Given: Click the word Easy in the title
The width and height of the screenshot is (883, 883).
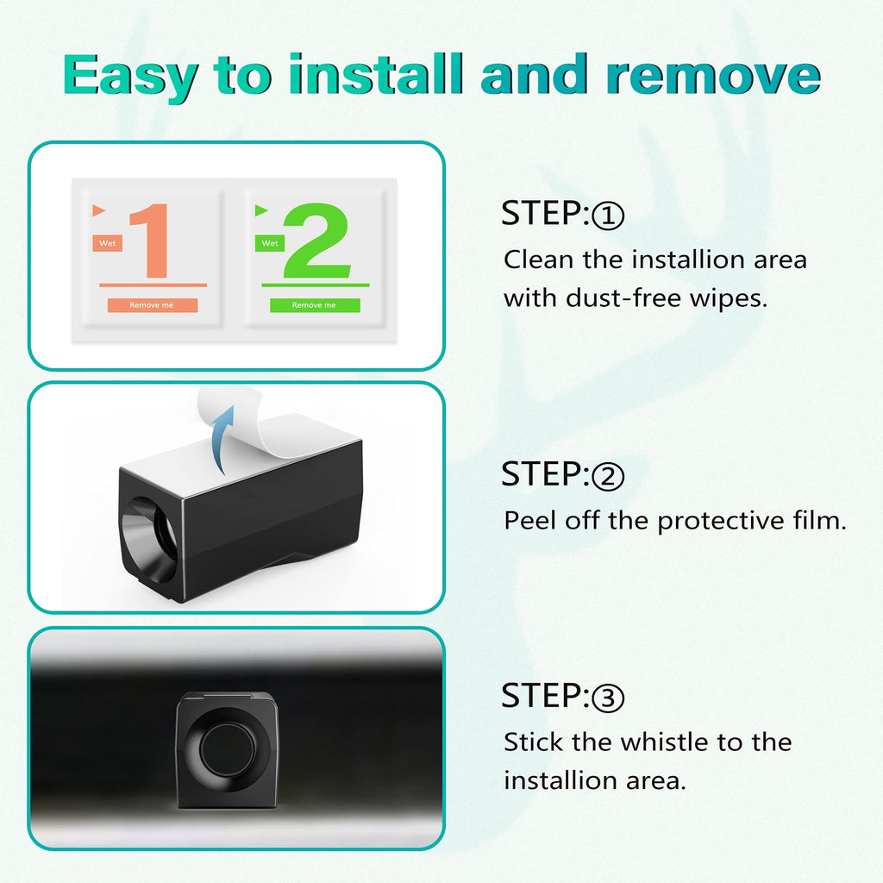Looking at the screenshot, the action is tap(130, 77).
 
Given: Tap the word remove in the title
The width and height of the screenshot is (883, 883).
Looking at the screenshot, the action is tap(713, 75).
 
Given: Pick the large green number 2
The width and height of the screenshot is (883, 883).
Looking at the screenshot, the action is tap(316, 241).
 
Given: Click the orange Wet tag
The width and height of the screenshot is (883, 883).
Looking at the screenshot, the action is tap(108, 243).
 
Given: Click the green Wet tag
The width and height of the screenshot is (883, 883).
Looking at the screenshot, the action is tap(270, 243).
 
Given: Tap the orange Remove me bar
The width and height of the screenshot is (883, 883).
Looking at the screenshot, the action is tap(153, 305).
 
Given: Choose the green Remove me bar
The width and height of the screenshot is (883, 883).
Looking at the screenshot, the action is tap(315, 305).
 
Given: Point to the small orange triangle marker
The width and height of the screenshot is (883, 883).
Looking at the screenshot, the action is tap(98, 210).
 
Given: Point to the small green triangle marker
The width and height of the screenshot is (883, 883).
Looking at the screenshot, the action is tap(260, 210).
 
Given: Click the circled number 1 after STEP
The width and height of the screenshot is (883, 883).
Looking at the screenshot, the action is tap(608, 215).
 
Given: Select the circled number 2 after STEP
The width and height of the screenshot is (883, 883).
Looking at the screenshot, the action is tap(608, 476).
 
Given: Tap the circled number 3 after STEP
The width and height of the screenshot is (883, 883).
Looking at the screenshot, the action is tap(608, 698).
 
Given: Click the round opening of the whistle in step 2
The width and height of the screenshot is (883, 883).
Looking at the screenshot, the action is tap(150, 540).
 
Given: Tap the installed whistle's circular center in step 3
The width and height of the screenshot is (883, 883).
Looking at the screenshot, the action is tap(227, 749).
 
